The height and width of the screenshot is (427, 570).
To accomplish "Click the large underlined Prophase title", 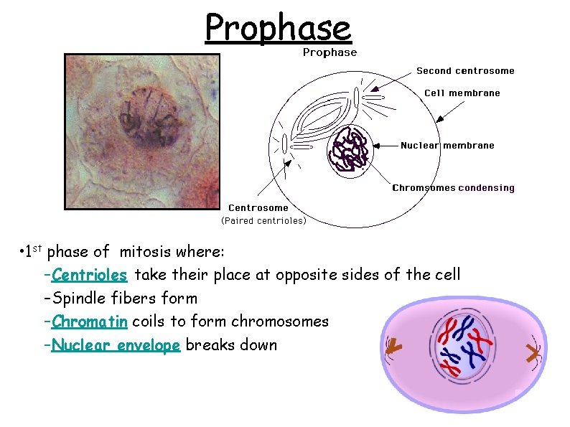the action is click(278, 28).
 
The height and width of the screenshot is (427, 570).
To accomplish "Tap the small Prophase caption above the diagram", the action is click(330, 52).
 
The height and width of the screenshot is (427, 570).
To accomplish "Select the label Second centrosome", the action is click(465, 71).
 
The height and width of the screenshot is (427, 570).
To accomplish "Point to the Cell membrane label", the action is click(462, 93).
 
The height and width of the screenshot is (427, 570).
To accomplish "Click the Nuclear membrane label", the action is click(447, 146).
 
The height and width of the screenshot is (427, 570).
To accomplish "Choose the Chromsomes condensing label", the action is click(453, 188).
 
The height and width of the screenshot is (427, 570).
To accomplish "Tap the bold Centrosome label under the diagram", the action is click(258, 208).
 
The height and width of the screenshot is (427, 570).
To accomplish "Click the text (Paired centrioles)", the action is click(263, 221).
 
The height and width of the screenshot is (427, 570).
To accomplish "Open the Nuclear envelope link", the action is click(116, 345).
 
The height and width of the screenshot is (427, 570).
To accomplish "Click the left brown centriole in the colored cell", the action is click(393, 347).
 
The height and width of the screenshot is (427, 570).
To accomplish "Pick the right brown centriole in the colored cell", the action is click(532, 352).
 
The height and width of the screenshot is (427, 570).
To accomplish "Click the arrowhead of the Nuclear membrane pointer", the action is click(374, 146).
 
